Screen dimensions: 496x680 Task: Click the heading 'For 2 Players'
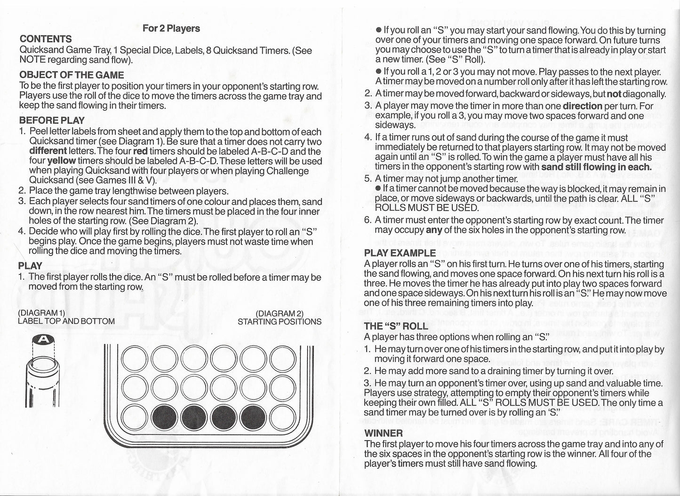[171, 28]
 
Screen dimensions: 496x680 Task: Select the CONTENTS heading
[46, 39]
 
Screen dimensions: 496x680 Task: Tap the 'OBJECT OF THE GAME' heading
[72, 75]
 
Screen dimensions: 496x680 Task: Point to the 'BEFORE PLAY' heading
[52, 120]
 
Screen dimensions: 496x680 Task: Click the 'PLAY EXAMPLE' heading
[400, 253]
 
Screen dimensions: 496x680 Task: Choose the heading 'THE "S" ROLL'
[396, 326]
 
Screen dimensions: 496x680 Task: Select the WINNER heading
[384, 433]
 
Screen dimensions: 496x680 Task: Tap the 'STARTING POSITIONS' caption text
[280, 322]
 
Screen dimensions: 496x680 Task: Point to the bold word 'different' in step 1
[48, 151]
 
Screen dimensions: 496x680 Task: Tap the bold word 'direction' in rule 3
[582, 106]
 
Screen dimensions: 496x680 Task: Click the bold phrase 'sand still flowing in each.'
[596, 166]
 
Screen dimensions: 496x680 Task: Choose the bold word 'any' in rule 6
[434, 230]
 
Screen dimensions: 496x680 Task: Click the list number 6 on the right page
[368, 220]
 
